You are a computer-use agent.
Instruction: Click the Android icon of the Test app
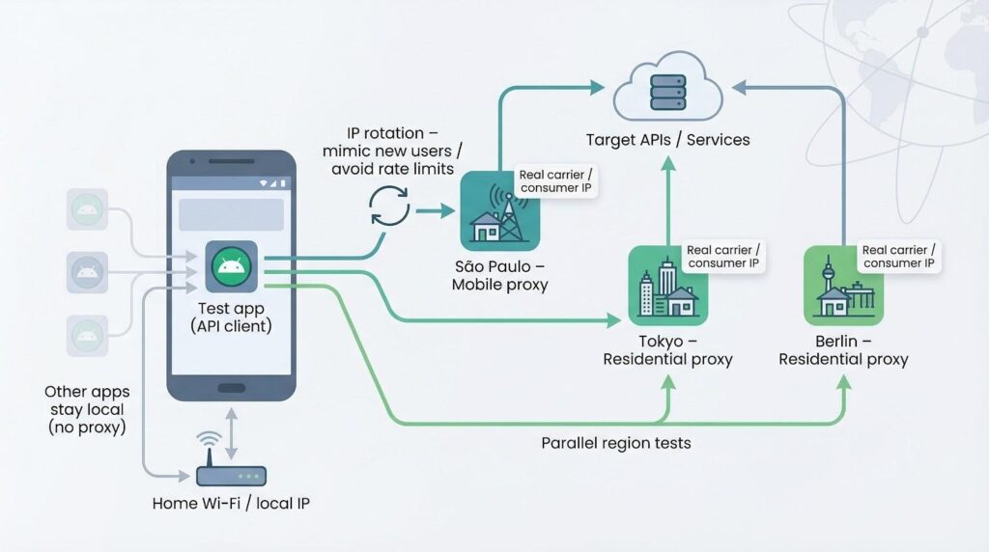click(231, 266)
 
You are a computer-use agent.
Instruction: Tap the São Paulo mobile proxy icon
click(499, 211)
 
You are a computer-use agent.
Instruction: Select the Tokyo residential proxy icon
click(667, 286)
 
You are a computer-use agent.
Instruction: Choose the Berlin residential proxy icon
click(843, 286)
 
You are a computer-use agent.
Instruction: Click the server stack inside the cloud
click(667, 89)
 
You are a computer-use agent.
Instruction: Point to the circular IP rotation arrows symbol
click(390, 207)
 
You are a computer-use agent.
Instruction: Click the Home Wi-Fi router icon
click(231, 475)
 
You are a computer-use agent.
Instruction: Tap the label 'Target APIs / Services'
click(667, 140)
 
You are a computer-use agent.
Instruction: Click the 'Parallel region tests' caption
click(616, 443)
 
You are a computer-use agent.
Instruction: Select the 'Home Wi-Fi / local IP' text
click(231, 503)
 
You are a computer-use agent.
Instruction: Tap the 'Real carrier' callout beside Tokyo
click(723, 256)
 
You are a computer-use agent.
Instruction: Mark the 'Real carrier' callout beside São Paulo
click(556, 181)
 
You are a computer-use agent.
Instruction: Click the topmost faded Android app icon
click(87, 209)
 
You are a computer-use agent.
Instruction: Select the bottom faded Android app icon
click(87, 335)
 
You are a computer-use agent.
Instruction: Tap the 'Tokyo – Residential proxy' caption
click(667, 349)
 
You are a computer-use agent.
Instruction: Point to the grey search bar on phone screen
click(231, 214)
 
